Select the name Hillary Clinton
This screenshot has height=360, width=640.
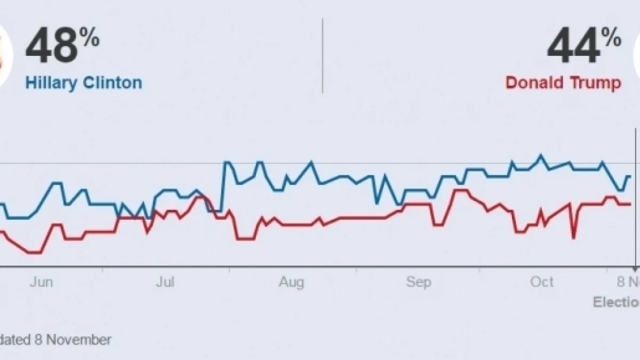(84, 83)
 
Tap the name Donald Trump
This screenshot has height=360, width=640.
(563, 83)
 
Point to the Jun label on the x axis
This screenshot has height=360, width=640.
(41, 283)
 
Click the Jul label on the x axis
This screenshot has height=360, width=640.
(165, 283)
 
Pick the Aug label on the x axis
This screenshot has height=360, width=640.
(291, 283)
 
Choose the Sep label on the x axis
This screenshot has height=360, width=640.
(418, 283)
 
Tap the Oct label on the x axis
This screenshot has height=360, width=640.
(542, 283)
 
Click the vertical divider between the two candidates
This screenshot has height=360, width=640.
(322, 56)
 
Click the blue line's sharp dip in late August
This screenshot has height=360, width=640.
(377, 203)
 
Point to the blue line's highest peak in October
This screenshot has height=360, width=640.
(541, 155)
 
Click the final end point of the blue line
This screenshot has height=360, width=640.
(630, 176)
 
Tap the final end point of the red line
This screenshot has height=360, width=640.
(630, 204)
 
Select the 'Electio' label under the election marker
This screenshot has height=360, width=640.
(616, 302)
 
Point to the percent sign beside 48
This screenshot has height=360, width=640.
(90, 37)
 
